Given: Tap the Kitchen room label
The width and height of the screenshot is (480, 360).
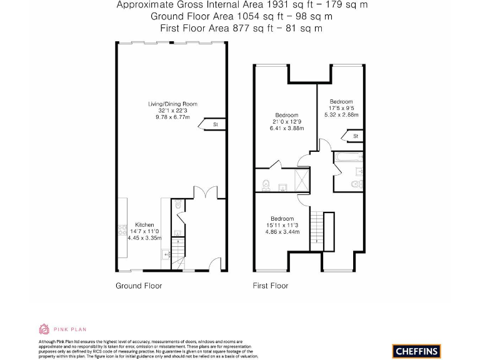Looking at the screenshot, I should [x=144, y=225].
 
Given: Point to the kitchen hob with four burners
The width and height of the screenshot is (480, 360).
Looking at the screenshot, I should [x=121, y=230].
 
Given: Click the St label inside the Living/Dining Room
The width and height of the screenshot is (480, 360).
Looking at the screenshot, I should [x=215, y=124].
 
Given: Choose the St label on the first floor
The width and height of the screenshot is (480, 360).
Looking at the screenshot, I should [x=355, y=136].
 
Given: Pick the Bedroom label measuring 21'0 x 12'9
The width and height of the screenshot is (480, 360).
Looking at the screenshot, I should [x=286, y=116].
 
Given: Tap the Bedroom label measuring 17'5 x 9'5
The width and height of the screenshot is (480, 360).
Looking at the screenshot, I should [x=341, y=101].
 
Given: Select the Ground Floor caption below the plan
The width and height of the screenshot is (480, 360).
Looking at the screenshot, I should [x=139, y=286].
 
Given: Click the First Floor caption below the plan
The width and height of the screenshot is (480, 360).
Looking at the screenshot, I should [x=271, y=286].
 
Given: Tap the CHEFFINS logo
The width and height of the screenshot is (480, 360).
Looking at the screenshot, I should [x=416, y=351].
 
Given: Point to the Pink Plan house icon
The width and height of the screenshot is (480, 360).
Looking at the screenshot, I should [x=44, y=329].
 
